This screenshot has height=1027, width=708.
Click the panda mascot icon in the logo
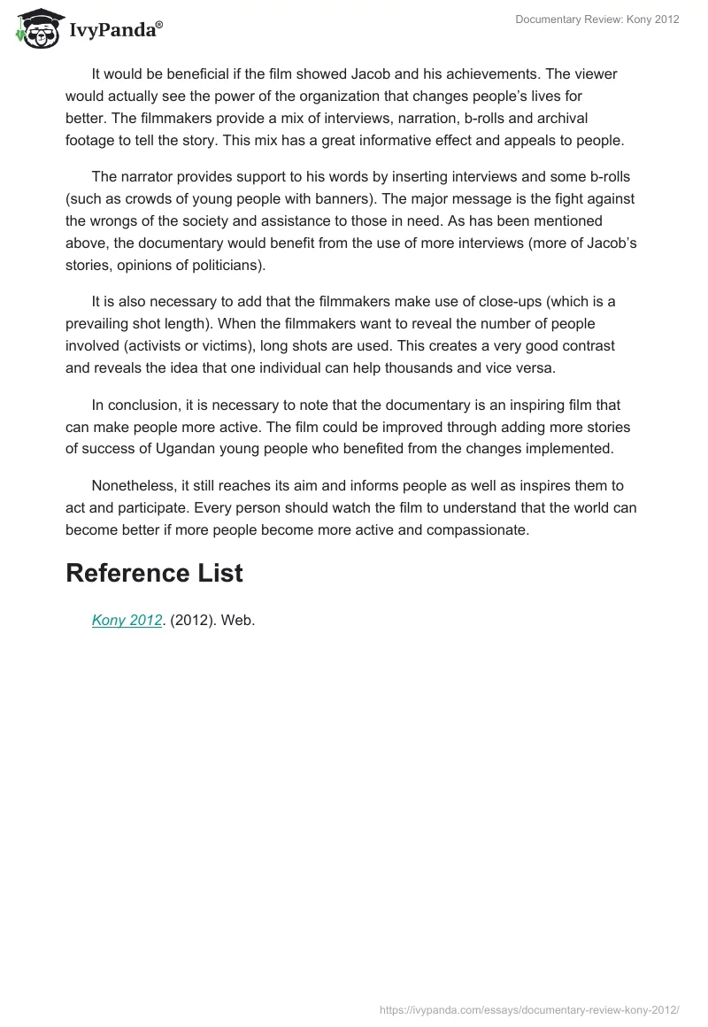(34, 27)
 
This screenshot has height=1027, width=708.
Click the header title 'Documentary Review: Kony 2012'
(597, 19)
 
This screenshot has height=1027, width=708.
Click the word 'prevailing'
(98, 323)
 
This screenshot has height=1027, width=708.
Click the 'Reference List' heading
(154, 573)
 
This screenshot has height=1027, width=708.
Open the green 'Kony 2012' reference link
(127, 621)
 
